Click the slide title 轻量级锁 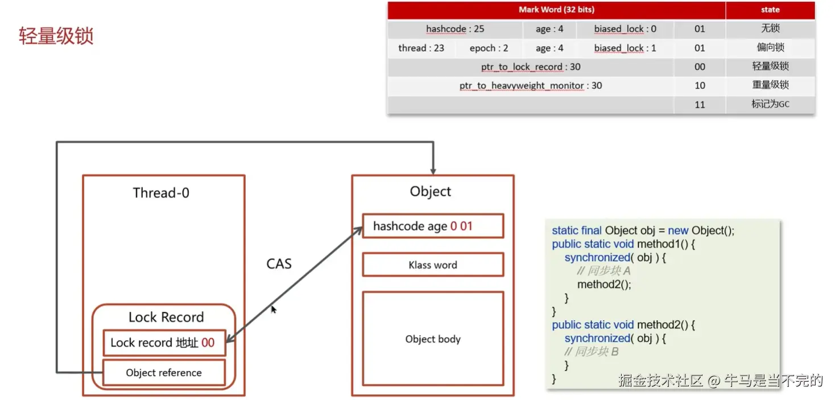[56, 36]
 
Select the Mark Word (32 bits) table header [556, 10]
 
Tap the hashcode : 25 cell [455, 29]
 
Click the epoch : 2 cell [489, 48]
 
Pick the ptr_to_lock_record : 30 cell [530, 67]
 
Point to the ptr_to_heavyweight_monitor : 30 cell [530, 85]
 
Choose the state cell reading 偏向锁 [770, 47]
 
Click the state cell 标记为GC [770, 104]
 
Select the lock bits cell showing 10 [700, 85]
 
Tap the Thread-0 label [161, 193]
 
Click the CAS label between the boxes [279, 263]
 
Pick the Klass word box [433, 265]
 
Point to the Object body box [433, 339]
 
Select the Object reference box [164, 373]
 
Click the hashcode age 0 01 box [433, 226]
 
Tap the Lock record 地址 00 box [164, 343]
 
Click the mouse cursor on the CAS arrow [273, 309]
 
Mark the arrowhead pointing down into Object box [433, 170]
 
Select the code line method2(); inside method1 [604, 284]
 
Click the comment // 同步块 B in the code [592, 352]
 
